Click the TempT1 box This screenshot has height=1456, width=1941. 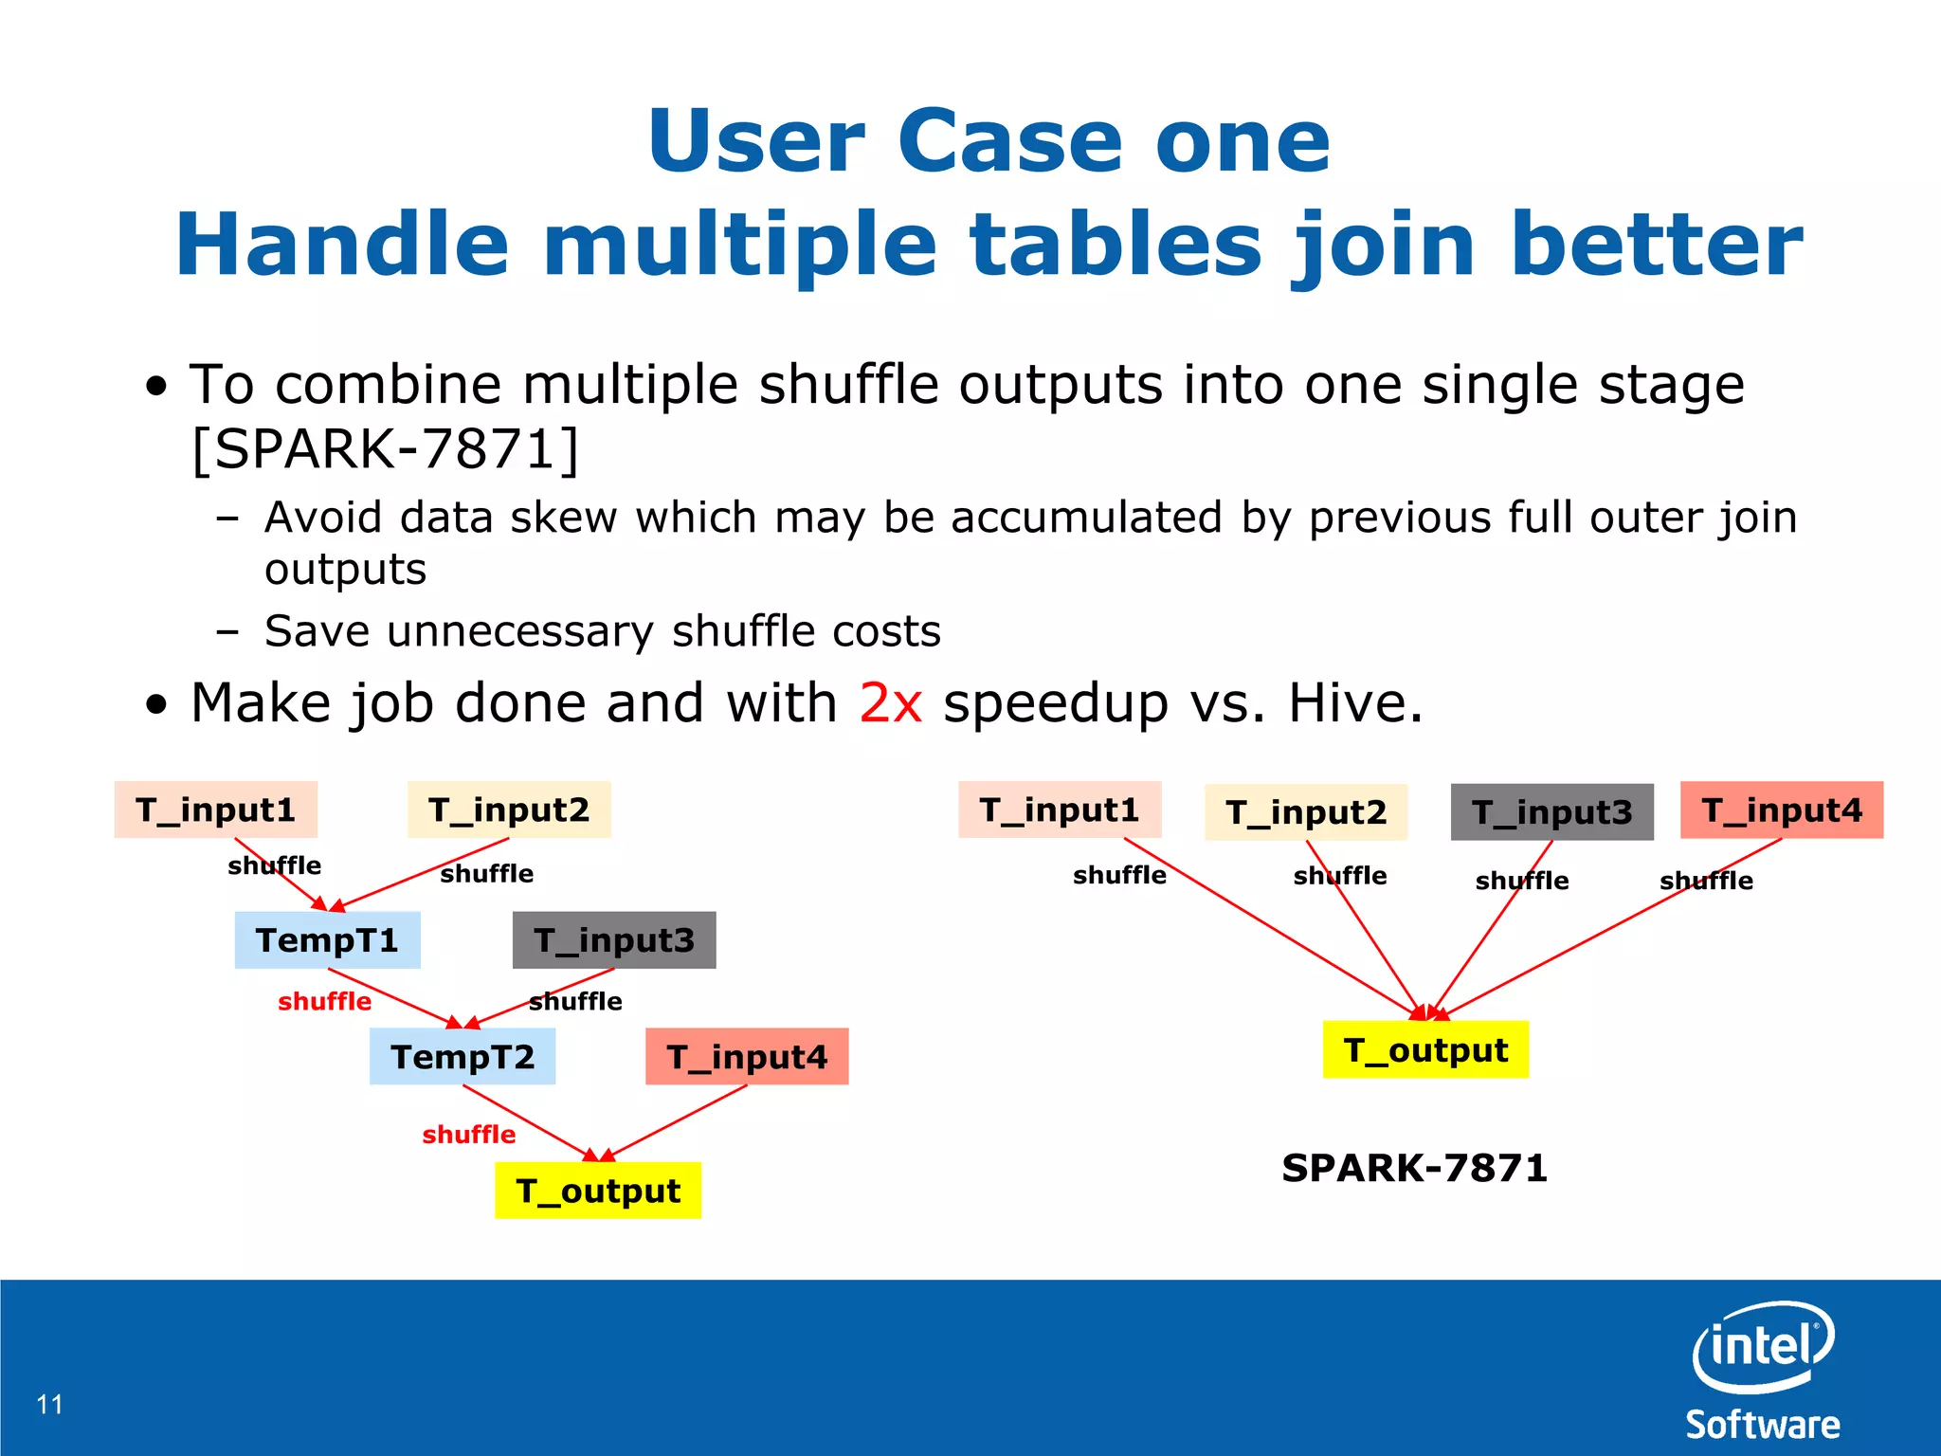tap(327, 939)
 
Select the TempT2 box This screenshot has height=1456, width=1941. tap(463, 1056)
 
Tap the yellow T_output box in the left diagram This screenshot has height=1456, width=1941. tap(598, 1190)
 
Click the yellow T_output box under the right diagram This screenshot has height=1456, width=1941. tap(1425, 1049)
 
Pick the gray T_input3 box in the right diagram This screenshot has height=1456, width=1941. tap(1551, 811)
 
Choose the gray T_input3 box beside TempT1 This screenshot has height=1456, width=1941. tap(614, 939)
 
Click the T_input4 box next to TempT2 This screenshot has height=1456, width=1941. tap(747, 1056)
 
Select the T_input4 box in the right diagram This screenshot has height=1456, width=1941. tap(1781, 810)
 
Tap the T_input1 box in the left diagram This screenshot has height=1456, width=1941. tap(215, 810)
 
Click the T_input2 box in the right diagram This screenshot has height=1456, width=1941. tap(1305, 811)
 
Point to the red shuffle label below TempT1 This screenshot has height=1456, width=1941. tap(324, 1001)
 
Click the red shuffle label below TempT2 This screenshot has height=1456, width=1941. tap(468, 1134)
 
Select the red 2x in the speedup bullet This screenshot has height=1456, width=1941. tap(890, 702)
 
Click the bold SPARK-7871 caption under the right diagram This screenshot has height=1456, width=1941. tap(1414, 1167)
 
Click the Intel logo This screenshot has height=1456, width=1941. tap(1763, 1346)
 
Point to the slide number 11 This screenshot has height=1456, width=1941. tap(49, 1404)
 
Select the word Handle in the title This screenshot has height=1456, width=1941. tap(342, 245)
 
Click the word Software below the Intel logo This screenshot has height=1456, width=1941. tap(1762, 1425)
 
